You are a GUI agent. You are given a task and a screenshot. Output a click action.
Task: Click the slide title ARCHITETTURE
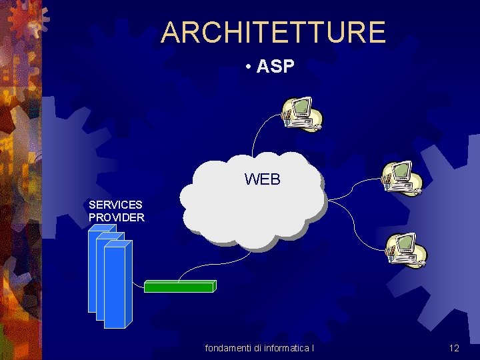[273, 32]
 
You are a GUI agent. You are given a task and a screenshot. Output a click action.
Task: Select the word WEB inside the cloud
[263, 179]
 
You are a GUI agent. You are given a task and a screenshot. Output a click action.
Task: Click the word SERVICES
[115, 205]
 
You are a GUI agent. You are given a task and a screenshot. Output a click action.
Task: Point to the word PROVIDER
[117, 217]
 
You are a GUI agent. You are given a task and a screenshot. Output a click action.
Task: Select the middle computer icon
[402, 177]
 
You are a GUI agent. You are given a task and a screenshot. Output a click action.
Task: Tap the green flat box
[179, 287]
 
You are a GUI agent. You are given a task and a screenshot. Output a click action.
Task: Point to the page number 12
[454, 348]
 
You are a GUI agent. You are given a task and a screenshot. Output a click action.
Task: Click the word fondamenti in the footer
[228, 348]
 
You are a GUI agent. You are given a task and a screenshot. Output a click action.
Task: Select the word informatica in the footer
[287, 348]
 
